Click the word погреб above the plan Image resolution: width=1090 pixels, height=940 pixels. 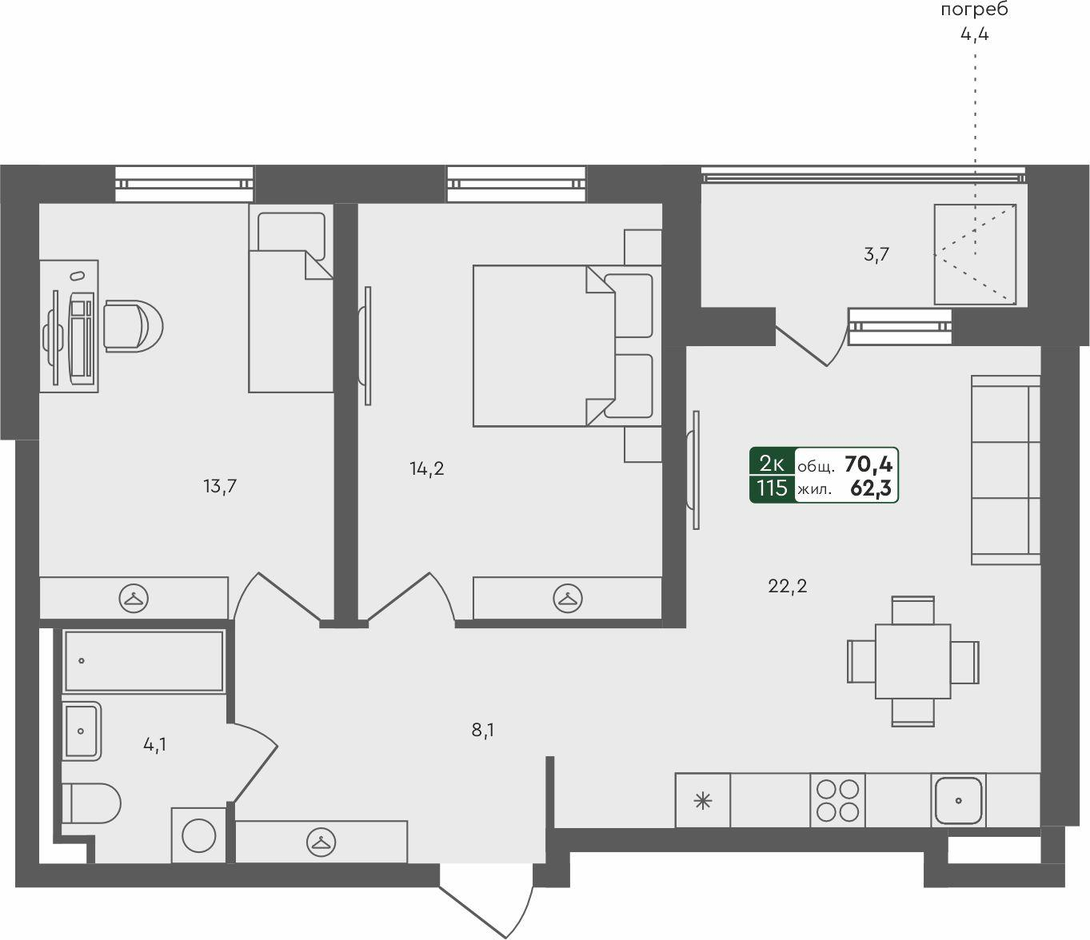click(974, 10)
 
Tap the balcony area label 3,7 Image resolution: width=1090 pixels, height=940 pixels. click(876, 255)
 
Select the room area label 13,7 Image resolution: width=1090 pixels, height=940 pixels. click(220, 485)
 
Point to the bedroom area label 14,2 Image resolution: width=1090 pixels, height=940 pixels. click(427, 468)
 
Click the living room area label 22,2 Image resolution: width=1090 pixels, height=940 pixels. click(787, 586)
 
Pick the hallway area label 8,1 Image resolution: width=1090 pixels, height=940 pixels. click(482, 730)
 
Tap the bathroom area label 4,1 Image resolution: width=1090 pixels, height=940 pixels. click(155, 745)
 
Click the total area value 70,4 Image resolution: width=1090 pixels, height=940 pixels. click(868, 463)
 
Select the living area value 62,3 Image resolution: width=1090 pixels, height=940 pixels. click(871, 488)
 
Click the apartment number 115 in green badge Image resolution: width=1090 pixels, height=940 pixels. click(772, 488)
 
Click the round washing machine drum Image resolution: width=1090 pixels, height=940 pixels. click(198, 836)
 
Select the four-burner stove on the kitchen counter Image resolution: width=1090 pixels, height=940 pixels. click(838, 799)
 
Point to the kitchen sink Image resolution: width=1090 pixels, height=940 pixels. click(959, 800)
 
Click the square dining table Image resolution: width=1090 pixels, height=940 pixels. click(912, 661)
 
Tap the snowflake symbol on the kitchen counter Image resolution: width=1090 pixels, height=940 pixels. click(702, 800)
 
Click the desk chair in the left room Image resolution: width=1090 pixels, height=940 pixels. click(132, 325)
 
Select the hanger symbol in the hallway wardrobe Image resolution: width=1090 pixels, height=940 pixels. click(321, 841)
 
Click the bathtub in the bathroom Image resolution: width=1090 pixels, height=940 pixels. click(144, 660)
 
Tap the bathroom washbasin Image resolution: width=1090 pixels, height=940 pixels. click(82, 730)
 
